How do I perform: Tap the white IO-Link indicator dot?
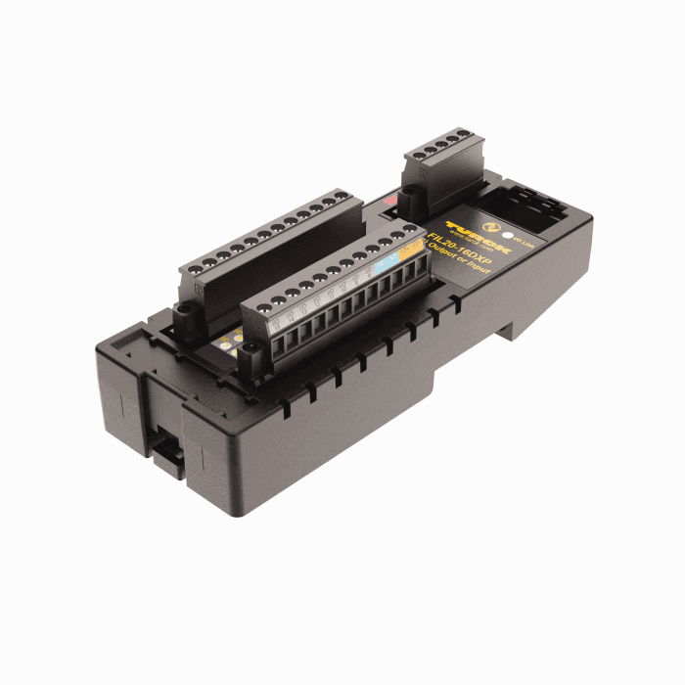pos(507,234)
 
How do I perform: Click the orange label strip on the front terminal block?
pos(412,252)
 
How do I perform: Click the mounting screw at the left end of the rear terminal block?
pos(183,316)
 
